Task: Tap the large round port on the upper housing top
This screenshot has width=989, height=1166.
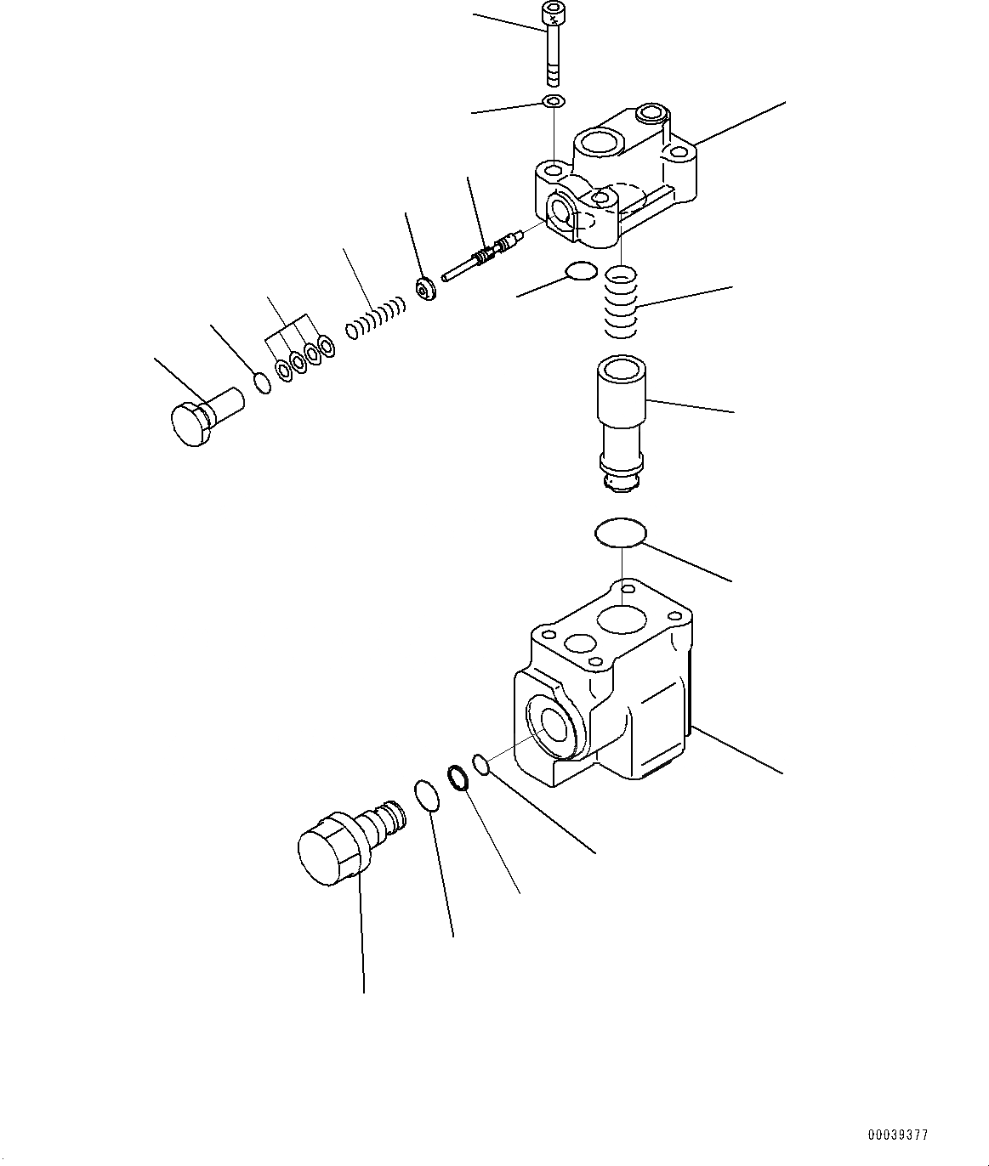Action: click(x=602, y=143)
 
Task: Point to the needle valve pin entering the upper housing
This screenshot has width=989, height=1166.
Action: click(x=481, y=258)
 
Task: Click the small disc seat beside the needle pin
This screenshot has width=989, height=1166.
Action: click(x=424, y=290)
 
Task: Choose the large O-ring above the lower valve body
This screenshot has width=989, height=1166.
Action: click(x=619, y=533)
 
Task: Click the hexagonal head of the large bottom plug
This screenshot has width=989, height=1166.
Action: click(x=327, y=851)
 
